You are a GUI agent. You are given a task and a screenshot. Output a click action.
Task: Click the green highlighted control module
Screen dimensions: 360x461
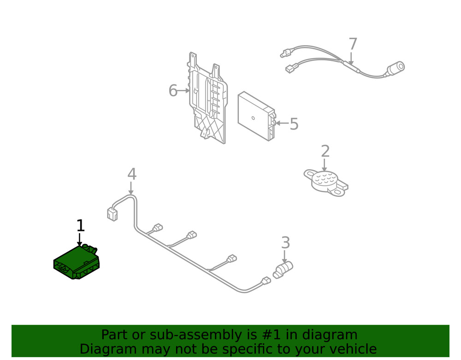(76, 263)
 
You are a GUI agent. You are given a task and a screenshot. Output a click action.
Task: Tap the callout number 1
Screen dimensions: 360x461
(80, 226)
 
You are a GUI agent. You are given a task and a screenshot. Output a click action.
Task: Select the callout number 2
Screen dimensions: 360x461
(325, 151)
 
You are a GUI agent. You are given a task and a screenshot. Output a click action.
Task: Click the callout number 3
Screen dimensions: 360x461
(285, 242)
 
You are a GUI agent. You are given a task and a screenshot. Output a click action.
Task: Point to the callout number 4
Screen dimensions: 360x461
(132, 174)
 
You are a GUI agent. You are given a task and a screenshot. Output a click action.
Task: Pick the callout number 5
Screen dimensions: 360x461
(294, 124)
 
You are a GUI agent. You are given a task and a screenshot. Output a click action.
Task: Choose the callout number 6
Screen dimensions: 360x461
(173, 91)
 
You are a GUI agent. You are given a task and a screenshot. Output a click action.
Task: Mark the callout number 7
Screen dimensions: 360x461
(353, 44)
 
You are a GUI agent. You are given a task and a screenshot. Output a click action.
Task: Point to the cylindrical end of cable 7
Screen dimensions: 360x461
(396, 68)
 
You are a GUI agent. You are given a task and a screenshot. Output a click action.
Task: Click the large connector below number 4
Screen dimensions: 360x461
(112, 214)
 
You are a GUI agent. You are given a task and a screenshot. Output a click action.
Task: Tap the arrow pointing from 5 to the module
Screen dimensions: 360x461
(282, 123)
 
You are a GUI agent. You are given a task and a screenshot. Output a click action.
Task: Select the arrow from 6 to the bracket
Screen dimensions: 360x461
(184, 91)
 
